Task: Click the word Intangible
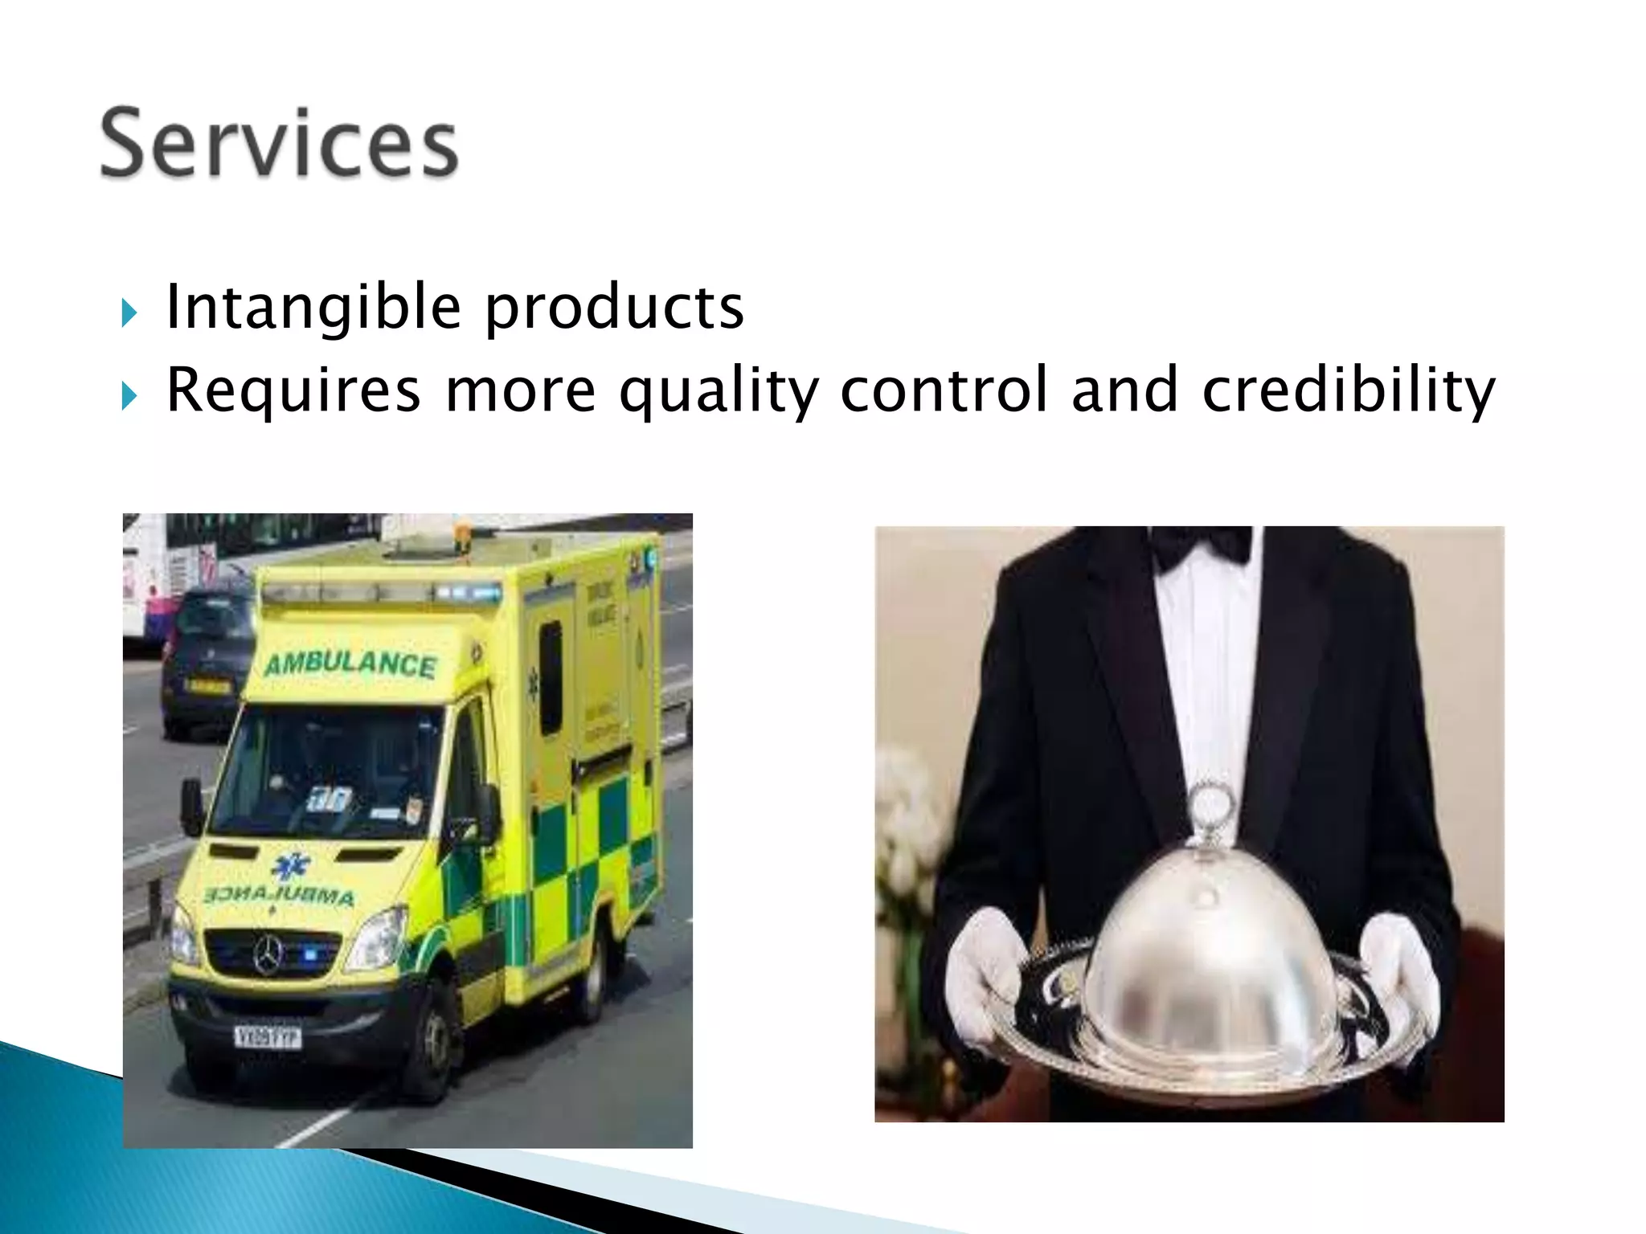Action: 313,307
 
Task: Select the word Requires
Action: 293,390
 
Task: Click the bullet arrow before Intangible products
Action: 129,313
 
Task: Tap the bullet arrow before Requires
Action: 129,396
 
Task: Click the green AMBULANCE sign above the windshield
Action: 350,664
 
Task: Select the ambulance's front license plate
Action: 268,1037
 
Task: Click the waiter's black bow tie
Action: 1202,544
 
